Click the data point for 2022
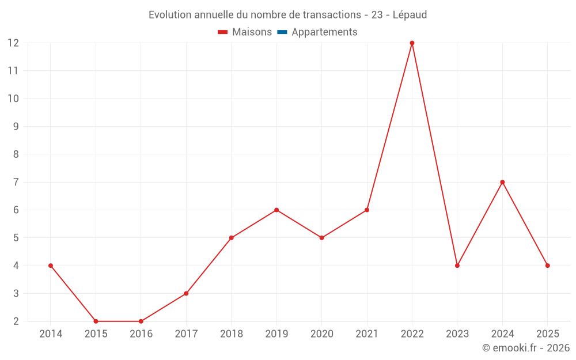click(x=412, y=43)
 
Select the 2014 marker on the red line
click(x=51, y=266)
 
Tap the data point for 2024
click(x=502, y=182)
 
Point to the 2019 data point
click(x=276, y=210)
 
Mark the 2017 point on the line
click(x=186, y=293)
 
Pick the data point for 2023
click(x=457, y=266)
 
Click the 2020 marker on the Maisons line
click(x=321, y=238)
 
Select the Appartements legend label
click(x=324, y=32)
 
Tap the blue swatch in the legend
click(x=282, y=32)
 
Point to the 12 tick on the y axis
click(x=13, y=43)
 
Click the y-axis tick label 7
click(x=16, y=182)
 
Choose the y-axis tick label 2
click(x=16, y=321)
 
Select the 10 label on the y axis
click(x=13, y=98)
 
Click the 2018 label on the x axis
click(x=231, y=334)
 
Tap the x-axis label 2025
click(x=547, y=334)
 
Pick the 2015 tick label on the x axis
click(x=96, y=334)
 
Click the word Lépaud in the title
click(x=410, y=15)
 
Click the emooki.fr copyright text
click(x=526, y=348)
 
